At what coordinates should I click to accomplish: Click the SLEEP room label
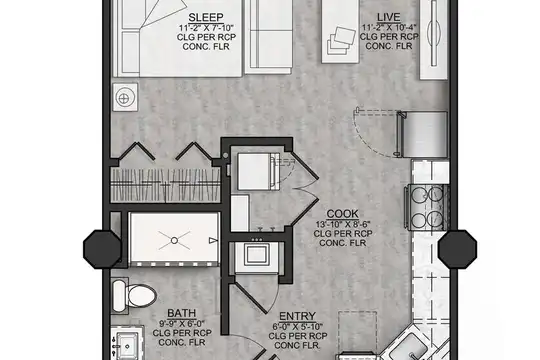[206, 17]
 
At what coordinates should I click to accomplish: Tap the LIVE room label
[388, 17]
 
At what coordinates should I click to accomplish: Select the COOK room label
[343, 214]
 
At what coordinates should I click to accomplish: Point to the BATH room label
[182, 313]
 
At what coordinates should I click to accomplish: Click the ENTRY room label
[298, 316]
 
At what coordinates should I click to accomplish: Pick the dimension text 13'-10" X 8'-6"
[343, 224]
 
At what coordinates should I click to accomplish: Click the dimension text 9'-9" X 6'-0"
[182, 323]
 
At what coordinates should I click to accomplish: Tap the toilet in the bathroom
[134, 296]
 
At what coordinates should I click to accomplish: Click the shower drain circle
[174, 240]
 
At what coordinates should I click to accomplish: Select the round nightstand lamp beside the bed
[124, 99]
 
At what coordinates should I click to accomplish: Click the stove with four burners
[428, 208]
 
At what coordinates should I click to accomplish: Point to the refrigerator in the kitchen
[423, 134]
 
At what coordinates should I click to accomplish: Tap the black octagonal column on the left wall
[102, 249]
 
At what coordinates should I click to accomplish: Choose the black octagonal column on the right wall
[457, 249]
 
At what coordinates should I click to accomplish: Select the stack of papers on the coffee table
[341, 41]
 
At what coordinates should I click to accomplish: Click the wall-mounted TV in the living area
[434, 33]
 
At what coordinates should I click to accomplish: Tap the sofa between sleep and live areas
[269, 36]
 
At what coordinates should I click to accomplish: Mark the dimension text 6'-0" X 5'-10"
[298, 326]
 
